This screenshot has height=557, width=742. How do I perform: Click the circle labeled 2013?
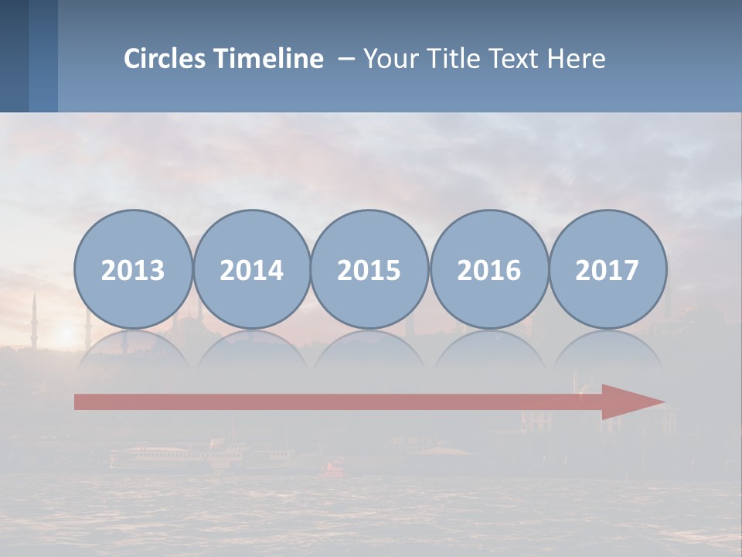(133, 269)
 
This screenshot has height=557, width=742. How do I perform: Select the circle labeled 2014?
(251, 269)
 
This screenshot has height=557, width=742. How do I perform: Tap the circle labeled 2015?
(369, 269)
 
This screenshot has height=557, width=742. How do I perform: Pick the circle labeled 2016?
(488, 269)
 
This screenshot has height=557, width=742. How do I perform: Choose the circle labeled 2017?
(607, 269)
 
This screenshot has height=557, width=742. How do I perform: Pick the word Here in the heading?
(577, 59)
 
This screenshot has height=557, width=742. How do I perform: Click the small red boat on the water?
(335, 467)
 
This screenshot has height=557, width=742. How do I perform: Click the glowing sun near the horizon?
(65, 333)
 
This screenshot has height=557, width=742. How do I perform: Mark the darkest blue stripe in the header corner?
(14, 56)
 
